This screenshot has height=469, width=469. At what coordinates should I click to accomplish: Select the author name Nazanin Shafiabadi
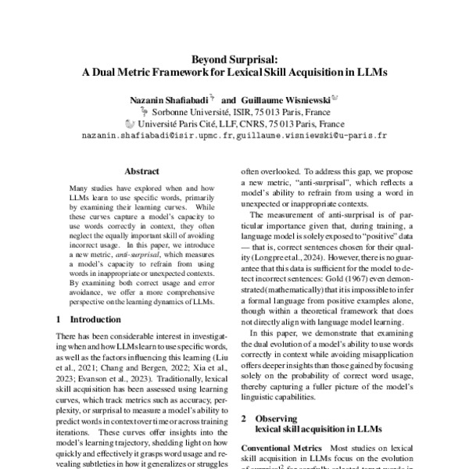[163, 100]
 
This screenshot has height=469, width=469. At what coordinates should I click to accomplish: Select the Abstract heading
[142, 170]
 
